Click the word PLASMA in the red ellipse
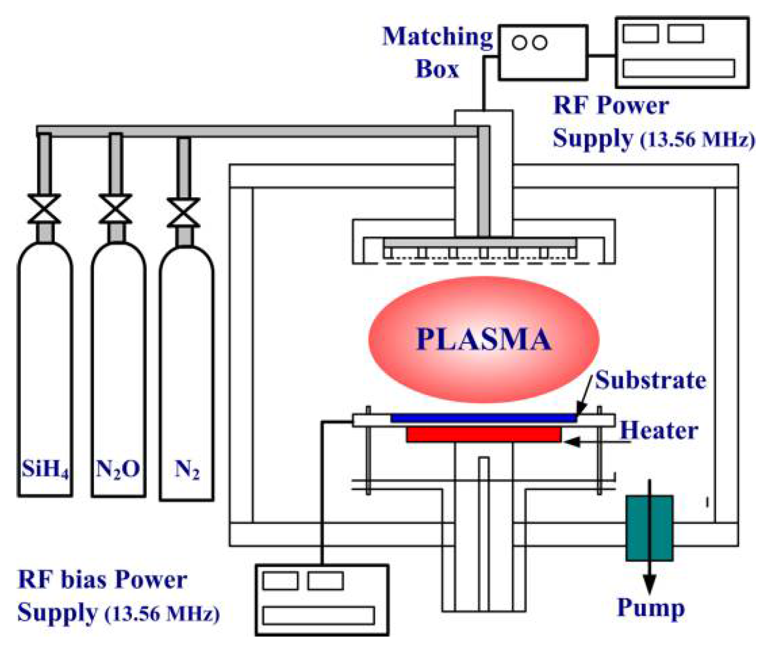coord(483,339)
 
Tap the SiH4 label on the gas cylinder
coord(45,469)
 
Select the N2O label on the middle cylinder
coord(118,469)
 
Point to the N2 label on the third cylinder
coord(187,469)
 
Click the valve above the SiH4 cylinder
coord(44,209)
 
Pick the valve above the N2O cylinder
coord(115,209)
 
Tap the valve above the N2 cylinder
coord(183,213)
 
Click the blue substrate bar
coord(483,418)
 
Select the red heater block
coord(483,434)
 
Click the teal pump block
coord(649,528)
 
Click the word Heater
coord(659,430)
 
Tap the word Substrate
coord(650,380)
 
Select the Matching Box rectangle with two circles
coord(543,53)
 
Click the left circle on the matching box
coord(519,43)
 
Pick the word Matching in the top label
coord(437,37)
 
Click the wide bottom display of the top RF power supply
coord(678,68)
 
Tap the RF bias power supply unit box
coord(322,600)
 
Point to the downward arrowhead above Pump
coord(649,583)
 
